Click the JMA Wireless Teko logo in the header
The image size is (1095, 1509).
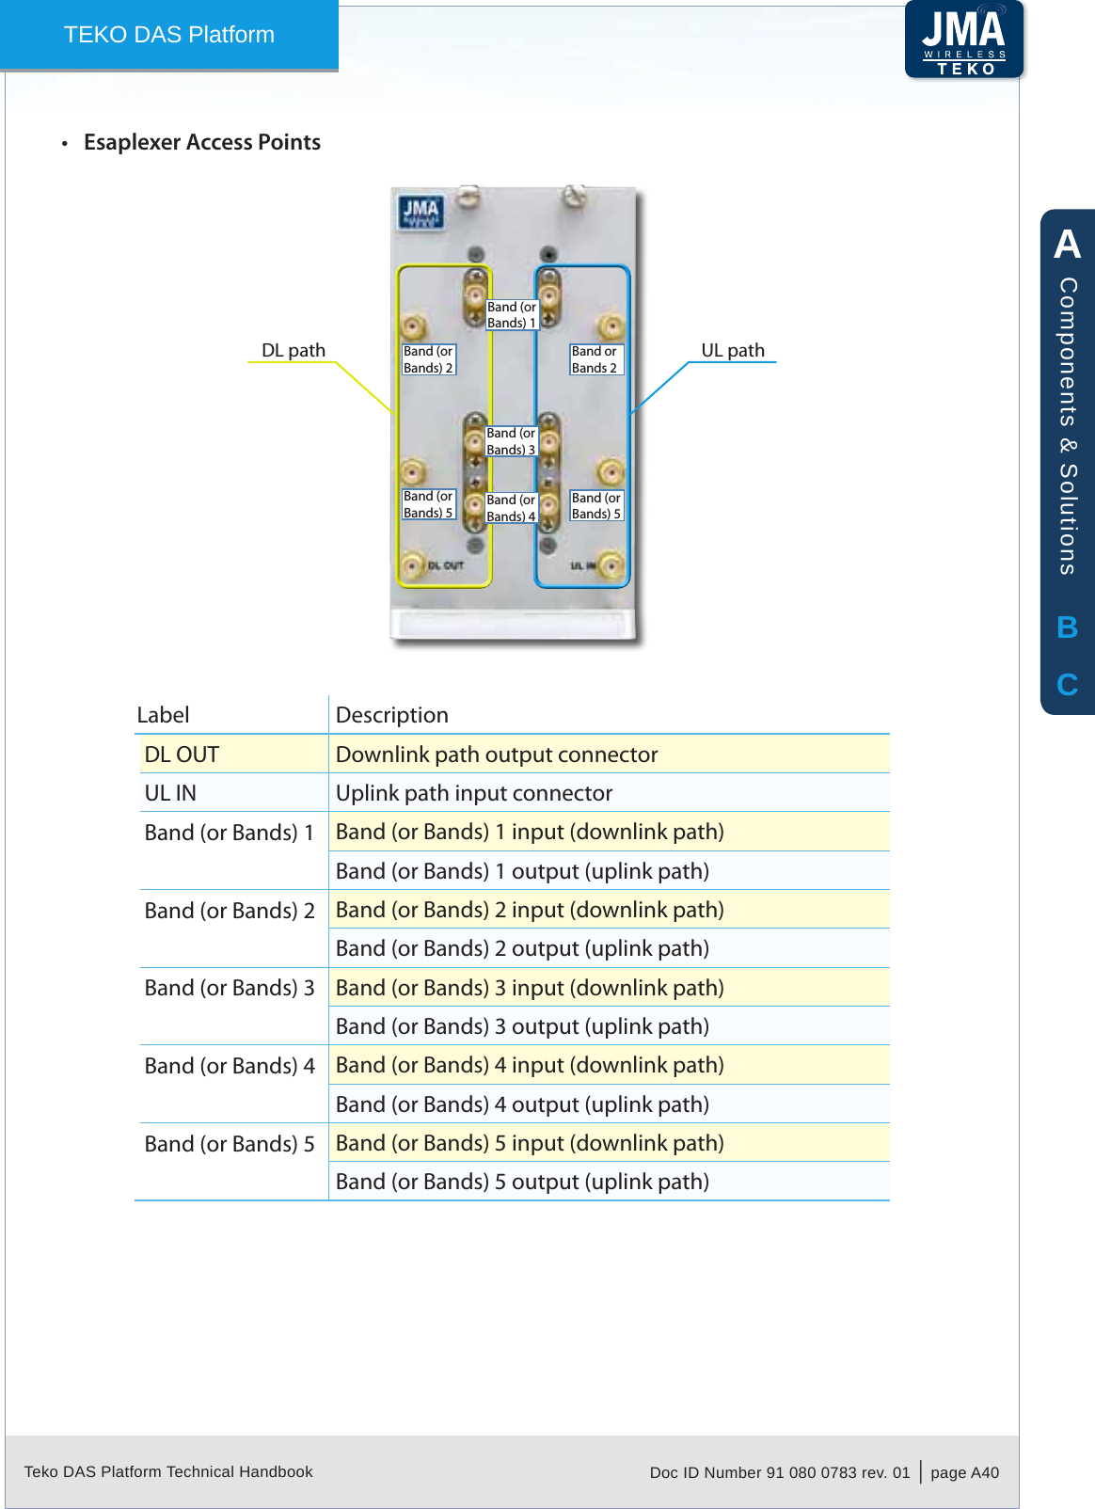964,40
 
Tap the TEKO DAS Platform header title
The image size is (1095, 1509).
169,35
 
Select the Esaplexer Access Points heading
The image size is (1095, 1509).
202,142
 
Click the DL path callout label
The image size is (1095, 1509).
294,350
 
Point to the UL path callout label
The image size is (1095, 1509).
733,350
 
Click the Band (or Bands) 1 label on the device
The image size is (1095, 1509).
512,314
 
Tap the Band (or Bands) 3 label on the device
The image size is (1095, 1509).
511,441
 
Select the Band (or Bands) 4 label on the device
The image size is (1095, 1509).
511,508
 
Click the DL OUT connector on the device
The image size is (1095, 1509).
412,565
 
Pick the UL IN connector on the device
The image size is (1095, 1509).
611,565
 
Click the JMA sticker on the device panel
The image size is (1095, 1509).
421,212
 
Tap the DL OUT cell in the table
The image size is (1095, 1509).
182,754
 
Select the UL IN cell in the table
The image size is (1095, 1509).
170,793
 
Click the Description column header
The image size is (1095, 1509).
392,715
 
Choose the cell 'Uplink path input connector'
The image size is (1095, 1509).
474,793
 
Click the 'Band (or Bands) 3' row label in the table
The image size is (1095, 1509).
230,988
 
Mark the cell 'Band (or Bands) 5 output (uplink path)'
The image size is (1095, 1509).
522,1182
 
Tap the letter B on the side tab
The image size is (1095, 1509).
1067,627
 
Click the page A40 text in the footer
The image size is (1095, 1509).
964,1472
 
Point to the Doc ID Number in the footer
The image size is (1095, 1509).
780,1472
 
